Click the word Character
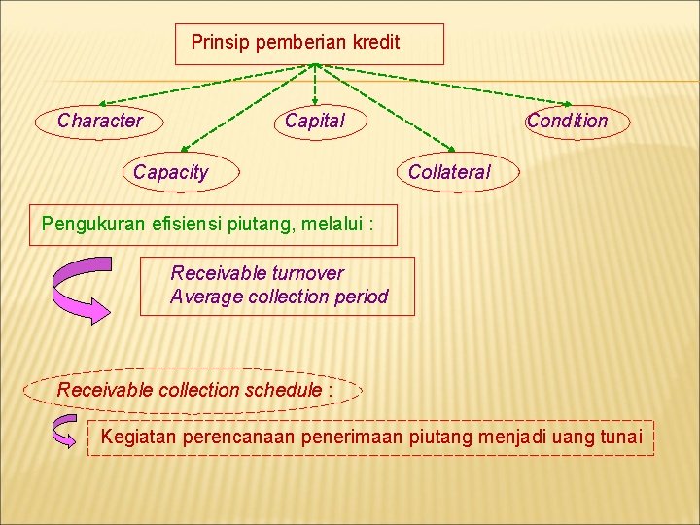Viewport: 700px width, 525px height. [x=99, y=122]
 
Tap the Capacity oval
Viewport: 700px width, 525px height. [x=171, y=173]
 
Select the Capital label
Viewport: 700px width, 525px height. [x=314, y=122]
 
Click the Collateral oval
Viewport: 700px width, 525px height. [x=450, y=173]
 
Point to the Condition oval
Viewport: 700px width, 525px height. [x=567, y=122]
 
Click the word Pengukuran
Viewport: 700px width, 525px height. [x=93, y=225]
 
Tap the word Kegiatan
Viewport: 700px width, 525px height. [x=138, y=438]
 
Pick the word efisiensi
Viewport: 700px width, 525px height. [x=189, y=225]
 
